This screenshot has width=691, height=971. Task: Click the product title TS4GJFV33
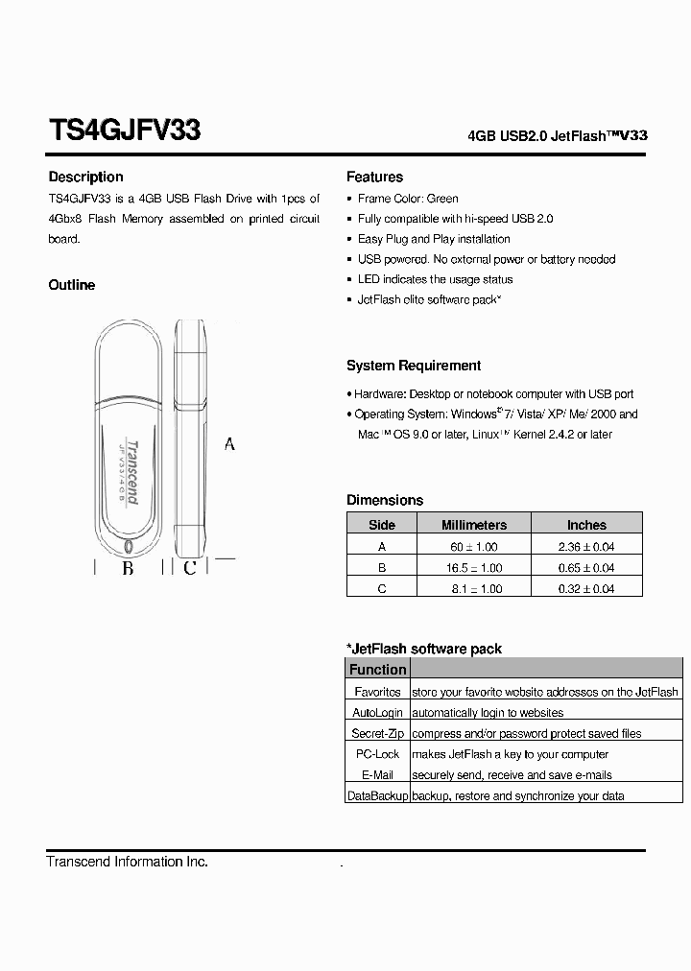pyautogui.click(x=124, y=130)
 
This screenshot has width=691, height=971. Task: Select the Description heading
pyautogui.click(x=85, y=178)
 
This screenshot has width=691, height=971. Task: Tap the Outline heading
pyautogui.click(x=72, y=285)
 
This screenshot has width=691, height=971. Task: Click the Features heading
pyautogui.click(x=374, y=178)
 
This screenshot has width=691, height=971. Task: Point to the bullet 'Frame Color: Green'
pyautogui.click(x=408, y=199)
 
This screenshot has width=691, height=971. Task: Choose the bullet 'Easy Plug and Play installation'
pyautogui.click(x=434, y=239)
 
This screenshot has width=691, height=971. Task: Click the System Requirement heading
pyautogui.click(x=414, y=366)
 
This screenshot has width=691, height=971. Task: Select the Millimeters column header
pyautogui.click(x=473, y=525)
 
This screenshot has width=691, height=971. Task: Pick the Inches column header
pyautogui.click(x=586, y=525)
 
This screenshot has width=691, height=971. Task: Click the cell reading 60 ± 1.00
pyautogui.click(x=473, y=547)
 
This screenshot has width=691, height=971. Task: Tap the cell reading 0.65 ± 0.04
pyautogui.click(x=586, y=568)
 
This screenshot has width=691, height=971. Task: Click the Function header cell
pyautogui.click(x=377, y=670)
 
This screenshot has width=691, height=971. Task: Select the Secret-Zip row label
pyautogui.click(x=377, y=734)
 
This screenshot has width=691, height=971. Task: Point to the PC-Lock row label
pyautogui.click(x=377, y=755)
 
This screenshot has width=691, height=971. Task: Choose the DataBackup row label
pyautogui.click(x=377, y=796)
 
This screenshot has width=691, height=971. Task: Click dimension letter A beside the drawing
pyautogui.click(x=229, y=444)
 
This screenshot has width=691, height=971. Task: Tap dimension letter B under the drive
pyautogui.click(x=128, y=568)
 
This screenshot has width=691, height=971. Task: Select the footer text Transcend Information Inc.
pyautogui.click(x=127, y=862)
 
